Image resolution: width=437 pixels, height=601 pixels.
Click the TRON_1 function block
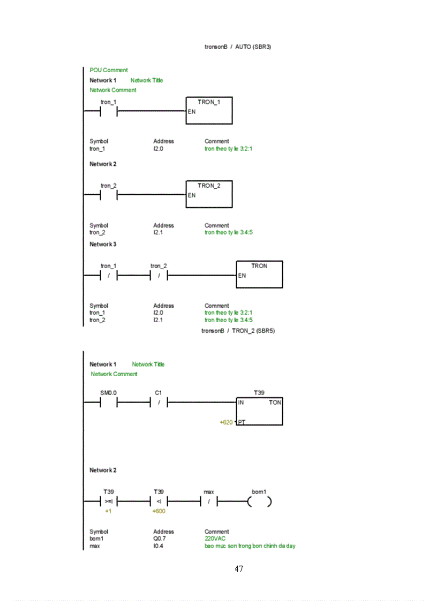(x=209, y=111)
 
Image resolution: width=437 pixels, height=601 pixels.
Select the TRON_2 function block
(x=209, y=194)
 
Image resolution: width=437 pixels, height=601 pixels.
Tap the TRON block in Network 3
(x=259, y=275)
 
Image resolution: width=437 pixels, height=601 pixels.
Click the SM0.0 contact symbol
(x=109, y=403)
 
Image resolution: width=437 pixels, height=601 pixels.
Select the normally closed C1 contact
(x=159, y=403)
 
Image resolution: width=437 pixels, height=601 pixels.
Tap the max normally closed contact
(x=209, y=501)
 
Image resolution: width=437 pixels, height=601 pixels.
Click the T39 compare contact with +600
(x=159, y=501)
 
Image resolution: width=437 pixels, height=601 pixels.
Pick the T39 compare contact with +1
(x=109, y=501)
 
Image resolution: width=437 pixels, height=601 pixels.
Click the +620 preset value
(x=227, y=422)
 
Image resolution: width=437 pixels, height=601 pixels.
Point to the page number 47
(x=239, y=569)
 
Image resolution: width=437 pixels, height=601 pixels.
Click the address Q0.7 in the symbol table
(x=160, y=539)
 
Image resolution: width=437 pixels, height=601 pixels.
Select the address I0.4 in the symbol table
(x=159, y=546)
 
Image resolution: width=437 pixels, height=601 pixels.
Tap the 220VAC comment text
(x=215, y=539)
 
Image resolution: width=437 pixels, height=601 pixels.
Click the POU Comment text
(x=109, y=70)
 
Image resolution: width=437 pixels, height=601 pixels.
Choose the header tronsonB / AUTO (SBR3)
(x=238, y=47)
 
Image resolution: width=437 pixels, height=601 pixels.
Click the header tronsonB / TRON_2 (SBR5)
(x=238, y=331)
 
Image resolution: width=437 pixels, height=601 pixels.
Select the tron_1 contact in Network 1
(x=109, y=111)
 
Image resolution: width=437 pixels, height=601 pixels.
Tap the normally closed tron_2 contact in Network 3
(x=159, y=275)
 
